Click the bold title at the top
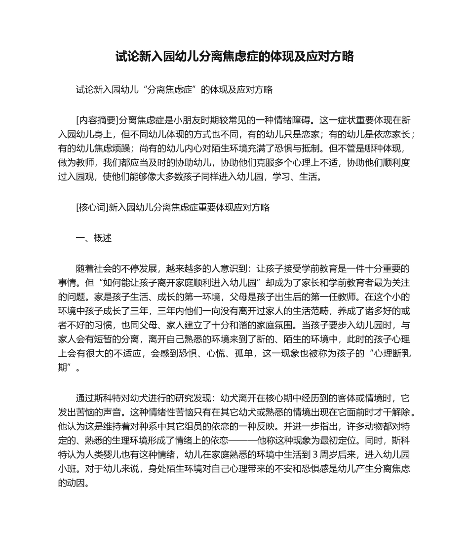click(x=234, y=57)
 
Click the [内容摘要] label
click(x=96, y=120)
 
